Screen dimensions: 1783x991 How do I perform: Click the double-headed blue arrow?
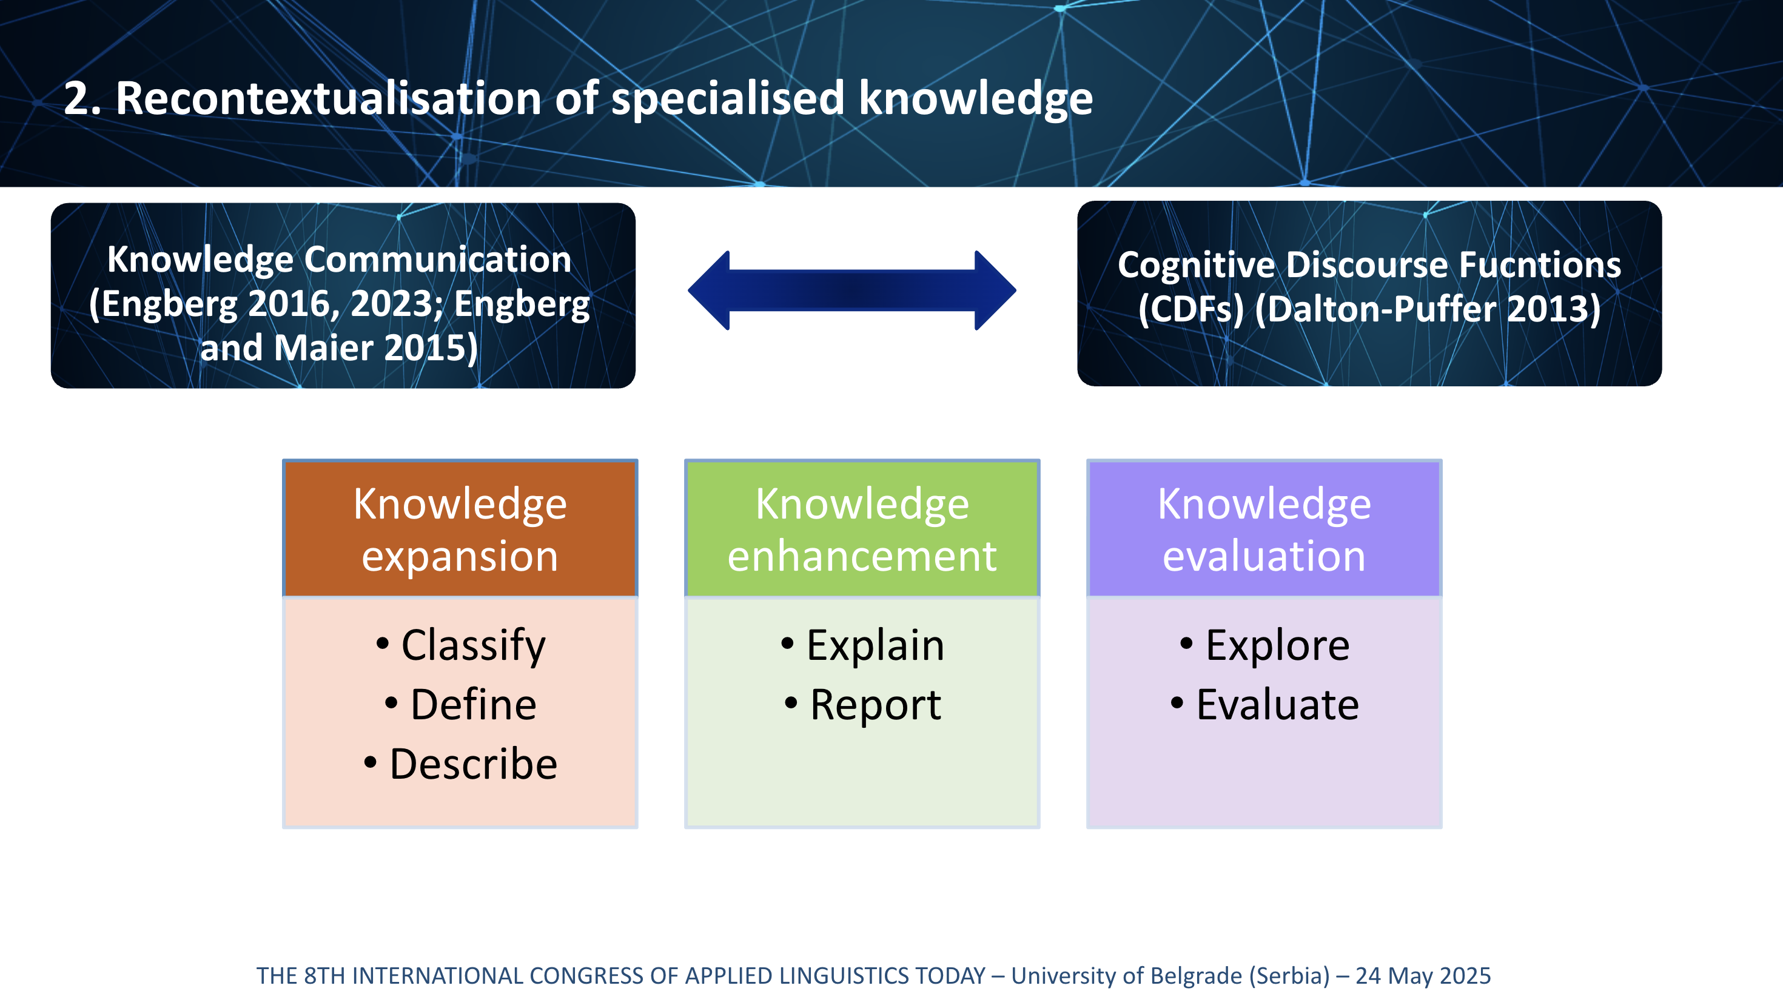[x=852, y=291]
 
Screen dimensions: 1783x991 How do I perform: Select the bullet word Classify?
[x=474, y=647]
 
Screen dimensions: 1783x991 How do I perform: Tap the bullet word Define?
[x=474, y=705]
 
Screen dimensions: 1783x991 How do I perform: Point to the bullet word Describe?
[x=474, y=764]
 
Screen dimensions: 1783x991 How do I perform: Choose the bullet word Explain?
[x=876, y=647]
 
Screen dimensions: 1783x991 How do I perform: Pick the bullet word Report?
[x=876, y=706]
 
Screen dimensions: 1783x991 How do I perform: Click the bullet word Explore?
[x=1278, y=647]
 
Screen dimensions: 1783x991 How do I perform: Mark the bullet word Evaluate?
[x=1278, y=705]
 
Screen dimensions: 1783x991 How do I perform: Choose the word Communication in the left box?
[x=437, y=260]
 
